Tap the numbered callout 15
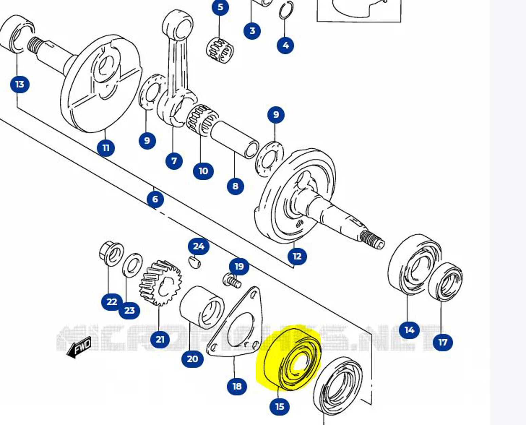(279, 406)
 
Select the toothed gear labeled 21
(160, 282)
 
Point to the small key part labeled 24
(194, 262)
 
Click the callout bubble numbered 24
(199, 246)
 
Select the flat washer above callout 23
(132, 265)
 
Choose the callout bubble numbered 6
(155, 199)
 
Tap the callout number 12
(297, 256)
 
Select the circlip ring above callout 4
(286, 11)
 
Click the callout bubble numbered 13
(20, 84)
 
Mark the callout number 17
(443, 342)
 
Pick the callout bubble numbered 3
(252, 31)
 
